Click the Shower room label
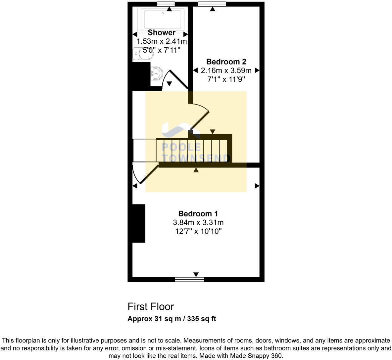pyautogui.click(x=162, y=32)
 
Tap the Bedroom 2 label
pyautogui.click(x=226, y=62)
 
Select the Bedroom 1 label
pyautogui.click(x=198, y=214)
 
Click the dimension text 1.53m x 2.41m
pyautogui.click(x=162, y=42)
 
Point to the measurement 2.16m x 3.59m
pyautogui.click(x=226, y=70)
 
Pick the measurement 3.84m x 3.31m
pyautogui.click(x=198, y=222)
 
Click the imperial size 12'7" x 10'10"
pyautogui.click(x=198, y=231)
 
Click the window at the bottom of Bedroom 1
pyautogui.click(x=189, y=280)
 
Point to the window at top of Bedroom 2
pyautogui.click(x=212, y=4)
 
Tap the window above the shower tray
pyautogui.click(x=166, y=4)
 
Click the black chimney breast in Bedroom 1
pyautogui.click(x=139, y=223)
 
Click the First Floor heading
pyautogui.click(x=151, y=307)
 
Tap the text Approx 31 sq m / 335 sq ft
pyautogui.click(x=171, y=319)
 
